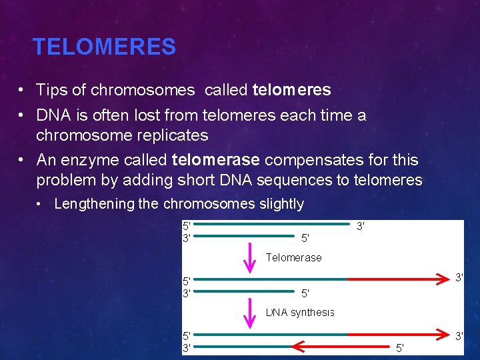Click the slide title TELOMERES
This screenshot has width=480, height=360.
(104, 47)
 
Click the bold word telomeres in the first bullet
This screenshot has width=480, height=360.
(291, 89)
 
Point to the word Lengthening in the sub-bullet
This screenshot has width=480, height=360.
(94, 204)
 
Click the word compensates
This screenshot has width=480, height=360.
(305, 160)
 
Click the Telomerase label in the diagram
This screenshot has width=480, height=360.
(293, 257)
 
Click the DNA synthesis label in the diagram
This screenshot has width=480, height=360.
(299, 312)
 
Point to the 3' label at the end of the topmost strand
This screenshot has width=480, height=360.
(361, 226)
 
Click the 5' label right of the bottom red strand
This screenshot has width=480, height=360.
(400, 348)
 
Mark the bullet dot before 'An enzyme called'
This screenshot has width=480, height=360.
(22, 161)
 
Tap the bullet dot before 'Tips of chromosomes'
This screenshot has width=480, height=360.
(22, 90)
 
